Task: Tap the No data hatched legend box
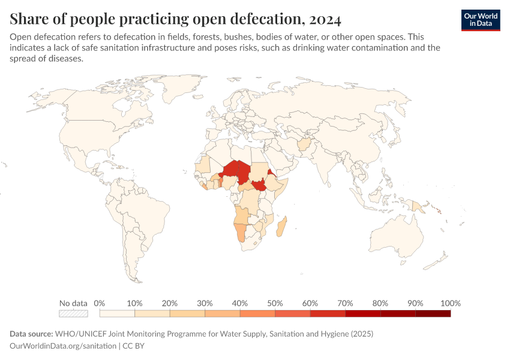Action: pyautogui.click(x=73, y=313)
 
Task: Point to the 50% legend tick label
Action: pyautogui.click(x=275, y=303)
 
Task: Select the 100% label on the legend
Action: pyautogui.click(x=450, y=303)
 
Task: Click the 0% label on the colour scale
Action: pyautogui.click(x=100, y=303)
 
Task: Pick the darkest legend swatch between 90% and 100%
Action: pyautogui.click(x=433, y=313)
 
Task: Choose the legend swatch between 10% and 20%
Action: pyautogui.click(x=152, y=313)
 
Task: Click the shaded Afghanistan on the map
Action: pyautogui.click(x=305, y=146)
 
